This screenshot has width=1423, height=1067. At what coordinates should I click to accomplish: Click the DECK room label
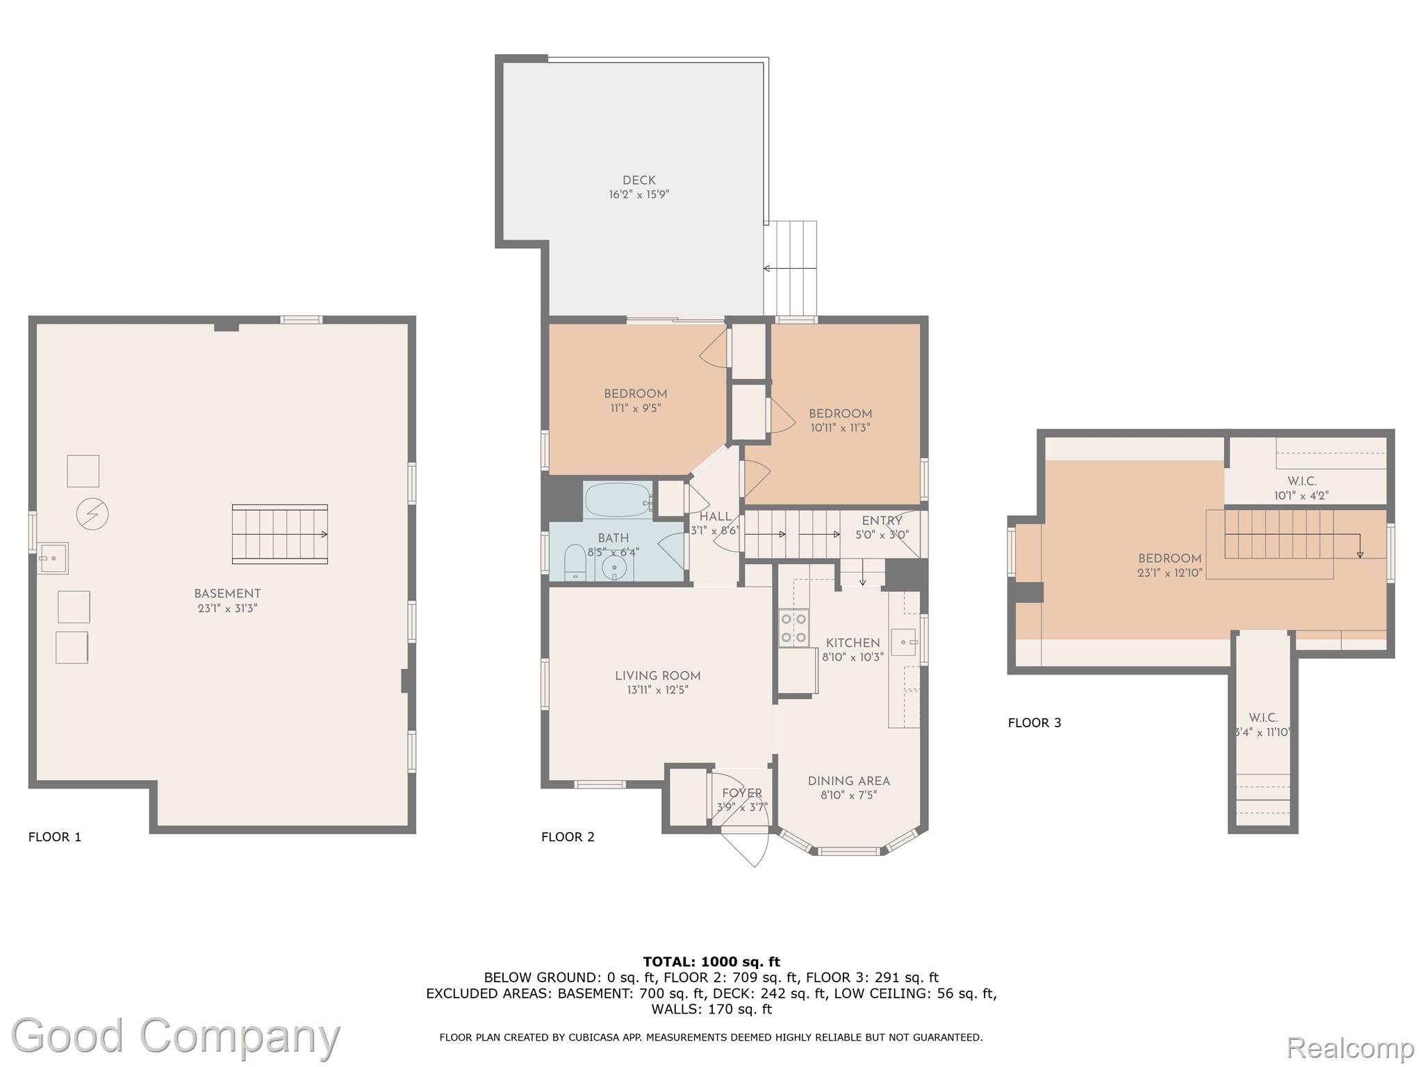coord(639,181)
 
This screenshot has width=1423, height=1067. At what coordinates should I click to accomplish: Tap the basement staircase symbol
coord(279,533)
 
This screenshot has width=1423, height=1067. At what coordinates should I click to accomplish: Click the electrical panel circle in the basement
coord(92,515)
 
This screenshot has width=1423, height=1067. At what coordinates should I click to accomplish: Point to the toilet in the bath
coord(575,562)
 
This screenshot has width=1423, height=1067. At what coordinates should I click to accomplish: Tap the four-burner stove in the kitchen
coord(793,627)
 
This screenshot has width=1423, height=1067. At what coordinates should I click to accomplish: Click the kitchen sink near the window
coord(903,642)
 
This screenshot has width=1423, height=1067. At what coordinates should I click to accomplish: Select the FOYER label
coord(742,793)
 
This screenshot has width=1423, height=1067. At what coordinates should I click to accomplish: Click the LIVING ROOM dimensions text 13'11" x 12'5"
coord(657,690)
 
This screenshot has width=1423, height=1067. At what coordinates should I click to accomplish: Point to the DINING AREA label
coord(848,781)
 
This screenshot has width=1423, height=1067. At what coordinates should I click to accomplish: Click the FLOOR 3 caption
coord(1035,722)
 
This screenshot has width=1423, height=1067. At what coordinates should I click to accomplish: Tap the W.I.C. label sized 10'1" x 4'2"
coord(1301,481)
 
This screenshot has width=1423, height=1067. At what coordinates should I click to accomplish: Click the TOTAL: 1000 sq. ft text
coord(711,962)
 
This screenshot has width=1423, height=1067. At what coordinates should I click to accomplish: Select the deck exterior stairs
coord(791,268)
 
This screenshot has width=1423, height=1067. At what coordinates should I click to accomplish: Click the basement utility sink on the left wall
coord(54,558)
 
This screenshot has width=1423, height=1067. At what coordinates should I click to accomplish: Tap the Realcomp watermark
coord(1350,1047)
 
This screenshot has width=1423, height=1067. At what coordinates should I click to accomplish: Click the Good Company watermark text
coord(176,1036)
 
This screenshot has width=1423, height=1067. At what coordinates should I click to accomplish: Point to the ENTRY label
coord(881,521)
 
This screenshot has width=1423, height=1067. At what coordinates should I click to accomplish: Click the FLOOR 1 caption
coord(55,837)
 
